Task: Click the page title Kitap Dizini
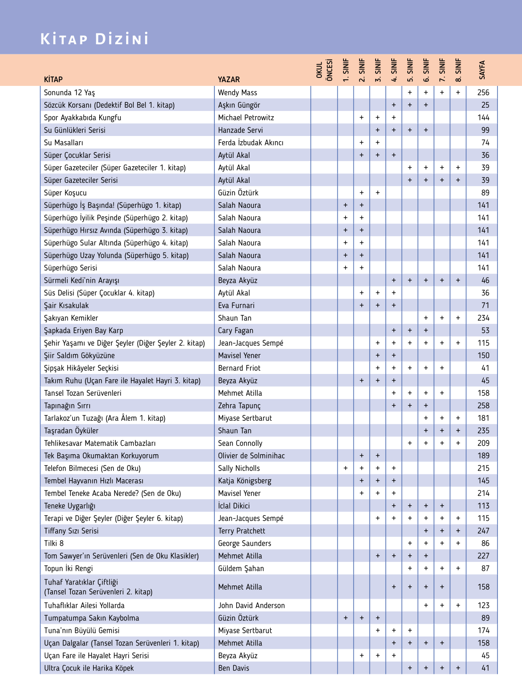click(94, 39)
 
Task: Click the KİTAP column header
click(53, 79)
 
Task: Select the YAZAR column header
click(229, 79)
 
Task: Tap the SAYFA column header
click(482, 70)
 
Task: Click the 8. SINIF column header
click(458, 70)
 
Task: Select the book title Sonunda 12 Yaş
click(69, 93)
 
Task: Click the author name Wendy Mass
click(238, 93)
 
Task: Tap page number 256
click(483, 93)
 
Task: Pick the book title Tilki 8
click(54, 543)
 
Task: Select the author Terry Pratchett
click(241, 531)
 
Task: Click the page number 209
click(483, 443)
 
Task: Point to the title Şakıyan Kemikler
click(71, 318)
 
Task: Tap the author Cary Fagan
click(236, 331)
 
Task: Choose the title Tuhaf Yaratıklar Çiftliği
click(81, 582)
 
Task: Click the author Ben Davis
click(233, 668)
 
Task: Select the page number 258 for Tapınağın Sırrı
click(483, 406)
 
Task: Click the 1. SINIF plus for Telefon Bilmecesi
click(346, 468)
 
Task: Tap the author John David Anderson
click(251, 605)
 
